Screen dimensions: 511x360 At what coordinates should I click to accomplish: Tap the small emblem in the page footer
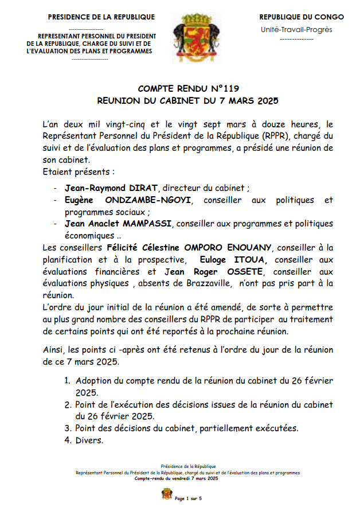coord(167,494)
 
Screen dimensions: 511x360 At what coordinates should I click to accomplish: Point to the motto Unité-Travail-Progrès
coord(296,30)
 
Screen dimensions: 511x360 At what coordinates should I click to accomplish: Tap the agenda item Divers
coord(89,440)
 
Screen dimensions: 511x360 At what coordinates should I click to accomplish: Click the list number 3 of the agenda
coord(67,428)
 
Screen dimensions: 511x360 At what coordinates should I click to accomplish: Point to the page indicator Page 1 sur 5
coord(189,498)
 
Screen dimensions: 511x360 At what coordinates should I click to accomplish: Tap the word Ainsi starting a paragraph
coord(53,349)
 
